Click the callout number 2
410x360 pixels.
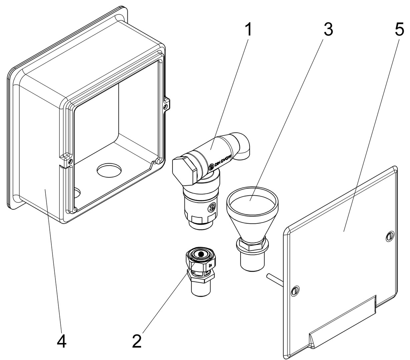point(137,341)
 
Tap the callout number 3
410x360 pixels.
point(328,30)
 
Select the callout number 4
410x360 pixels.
point(62,341)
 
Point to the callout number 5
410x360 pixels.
point(399,30)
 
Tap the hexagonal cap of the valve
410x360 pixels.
point(184,169)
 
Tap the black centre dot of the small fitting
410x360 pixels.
point(201,255)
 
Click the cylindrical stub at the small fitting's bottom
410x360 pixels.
point(200,287)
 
